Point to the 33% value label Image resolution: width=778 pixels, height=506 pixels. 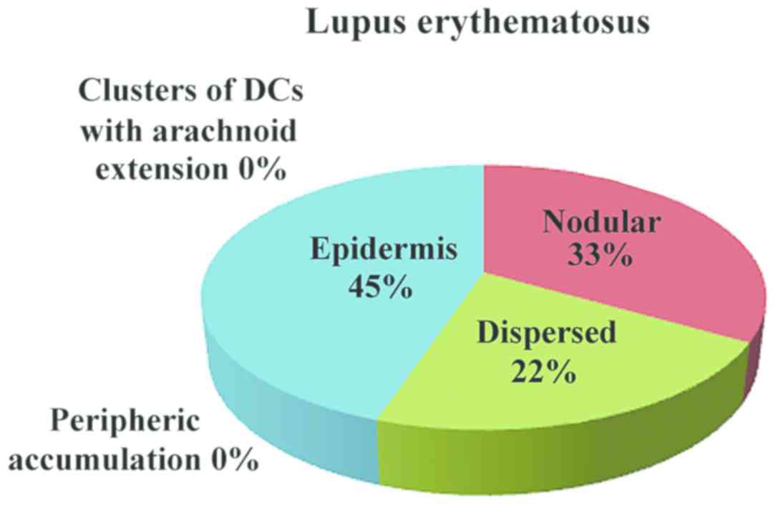(600, 256)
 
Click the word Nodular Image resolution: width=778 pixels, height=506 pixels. (600, 223)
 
